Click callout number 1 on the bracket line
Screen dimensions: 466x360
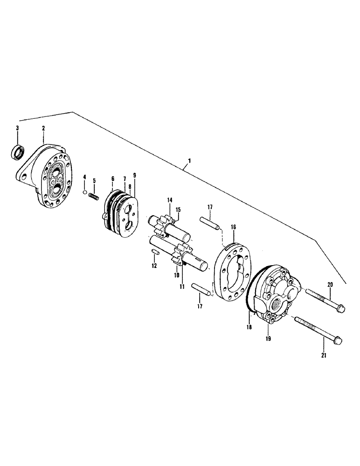point(189,161)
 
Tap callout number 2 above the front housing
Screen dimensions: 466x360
point(43,128)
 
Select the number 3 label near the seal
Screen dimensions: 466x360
point(18,128)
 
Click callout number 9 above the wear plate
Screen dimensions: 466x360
point(135,176)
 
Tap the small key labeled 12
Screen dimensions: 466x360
point(156,251)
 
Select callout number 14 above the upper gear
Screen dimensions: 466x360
point(170,200)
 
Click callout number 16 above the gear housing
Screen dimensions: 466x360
point(233,227)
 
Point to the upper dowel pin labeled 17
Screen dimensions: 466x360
point(209,223)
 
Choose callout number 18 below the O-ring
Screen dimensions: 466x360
point(249,328)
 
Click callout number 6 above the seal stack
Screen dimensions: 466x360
point(113,178)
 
